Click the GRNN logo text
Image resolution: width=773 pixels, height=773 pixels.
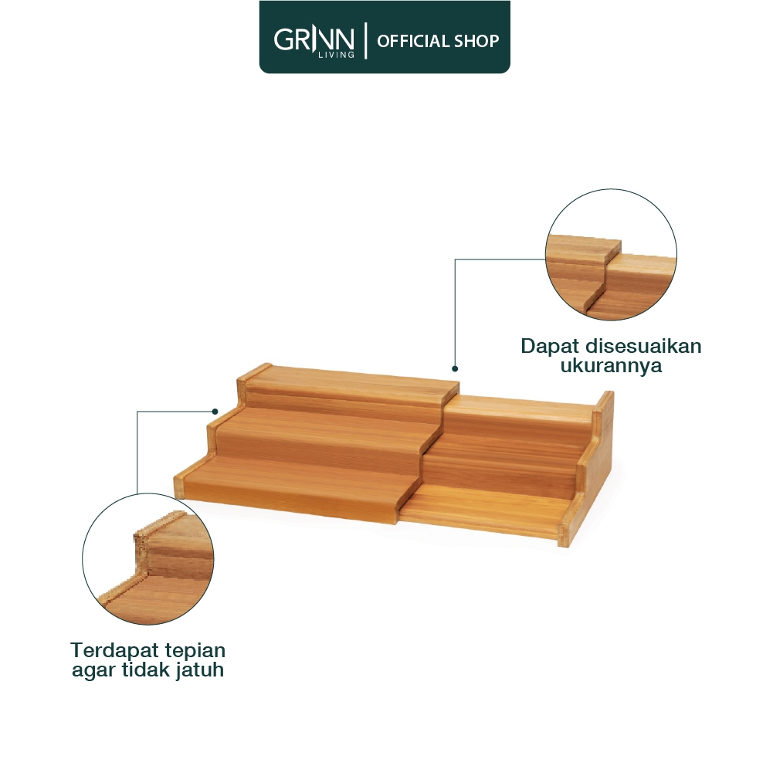click(x=314, y=39)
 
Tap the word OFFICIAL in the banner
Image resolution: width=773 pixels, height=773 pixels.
click(x=412, y=41)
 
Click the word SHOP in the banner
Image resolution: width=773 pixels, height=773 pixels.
click(x=476, y=41)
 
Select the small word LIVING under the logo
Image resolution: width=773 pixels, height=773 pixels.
click(x=336, y=55)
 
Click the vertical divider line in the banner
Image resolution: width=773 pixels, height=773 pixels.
click(x=366, y=40)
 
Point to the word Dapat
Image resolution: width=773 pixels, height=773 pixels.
click(x=550, y=347)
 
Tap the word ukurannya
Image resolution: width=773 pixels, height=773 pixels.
click(x=611, y=366)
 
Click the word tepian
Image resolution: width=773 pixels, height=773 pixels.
click(x=195, y=651)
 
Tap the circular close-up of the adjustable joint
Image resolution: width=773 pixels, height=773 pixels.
click(x=611, y=254)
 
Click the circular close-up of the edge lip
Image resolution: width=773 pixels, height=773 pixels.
click(x=148, y=558)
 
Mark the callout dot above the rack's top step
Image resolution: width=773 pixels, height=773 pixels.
click(x=455, y=369)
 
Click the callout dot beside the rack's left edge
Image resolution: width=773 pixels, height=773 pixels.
click(x=215, y=411)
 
